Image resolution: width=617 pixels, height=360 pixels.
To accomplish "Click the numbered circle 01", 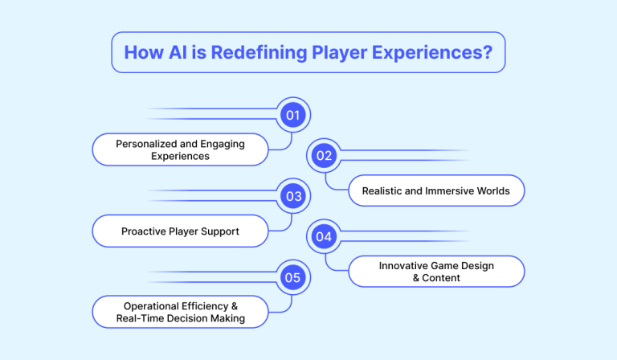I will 293,115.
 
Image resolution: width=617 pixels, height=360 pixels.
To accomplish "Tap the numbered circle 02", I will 324,156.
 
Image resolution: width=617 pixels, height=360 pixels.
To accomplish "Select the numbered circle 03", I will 293,196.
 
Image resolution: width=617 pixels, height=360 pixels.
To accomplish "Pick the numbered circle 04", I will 324,237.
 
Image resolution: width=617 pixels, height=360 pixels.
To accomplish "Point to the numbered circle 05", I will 293,278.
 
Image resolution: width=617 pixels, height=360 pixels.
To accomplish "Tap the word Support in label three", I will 221,231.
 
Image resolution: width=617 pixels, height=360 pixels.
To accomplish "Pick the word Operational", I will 153,306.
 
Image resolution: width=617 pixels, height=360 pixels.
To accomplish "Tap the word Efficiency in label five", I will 213,306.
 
